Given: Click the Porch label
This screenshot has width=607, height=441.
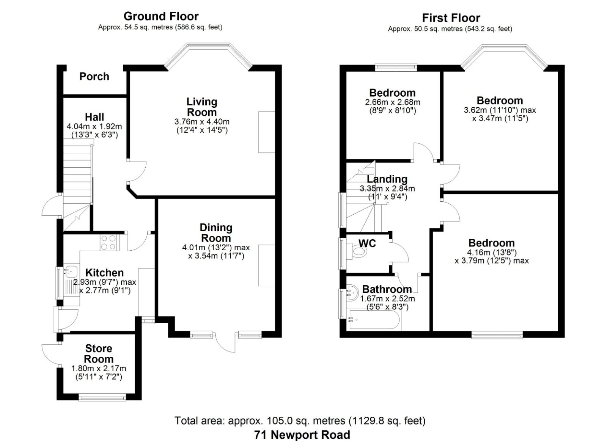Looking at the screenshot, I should click(94, 77).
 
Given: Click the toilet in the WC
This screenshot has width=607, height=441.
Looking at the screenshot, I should click(359, 251).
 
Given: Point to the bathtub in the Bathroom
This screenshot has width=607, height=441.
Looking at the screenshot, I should click(374, 321).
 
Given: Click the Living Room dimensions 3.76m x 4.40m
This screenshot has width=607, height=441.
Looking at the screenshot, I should click(202, 122).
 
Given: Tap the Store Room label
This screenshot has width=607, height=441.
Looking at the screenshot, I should click(99, 353).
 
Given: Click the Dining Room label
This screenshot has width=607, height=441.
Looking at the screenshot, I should click(216, 233).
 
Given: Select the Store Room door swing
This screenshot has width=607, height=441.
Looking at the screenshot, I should click(50, 354).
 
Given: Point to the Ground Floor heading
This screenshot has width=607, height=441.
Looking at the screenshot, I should click(161, 16).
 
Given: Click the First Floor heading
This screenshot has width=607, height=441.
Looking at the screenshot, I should click(451, 18).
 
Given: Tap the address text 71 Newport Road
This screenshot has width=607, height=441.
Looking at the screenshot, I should click(302, 435).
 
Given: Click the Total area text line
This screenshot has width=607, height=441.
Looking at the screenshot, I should click(300, 421).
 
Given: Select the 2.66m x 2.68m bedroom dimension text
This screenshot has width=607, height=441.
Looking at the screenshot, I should click(392, 102).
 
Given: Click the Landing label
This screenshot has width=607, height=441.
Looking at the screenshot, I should click(387, 179).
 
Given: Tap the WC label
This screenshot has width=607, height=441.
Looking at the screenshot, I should click(367, 243).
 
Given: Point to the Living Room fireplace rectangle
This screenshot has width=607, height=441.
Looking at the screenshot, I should click(266, 132).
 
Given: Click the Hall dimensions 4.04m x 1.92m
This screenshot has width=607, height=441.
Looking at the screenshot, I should click(94, 126).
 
